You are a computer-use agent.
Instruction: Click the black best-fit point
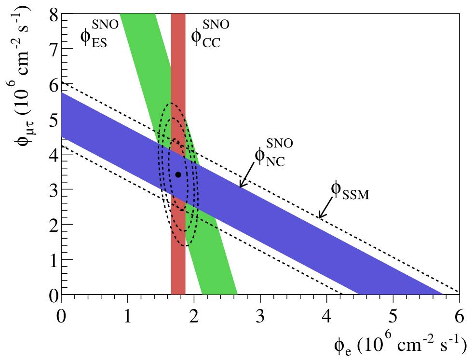click(178, 174)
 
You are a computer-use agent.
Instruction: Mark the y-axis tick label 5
click(53, 120)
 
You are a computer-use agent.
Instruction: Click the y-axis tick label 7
click(53, 50)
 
